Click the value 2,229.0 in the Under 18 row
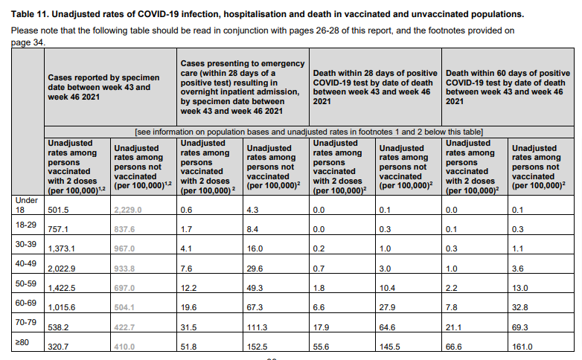pos(128,210)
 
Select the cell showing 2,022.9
pos(62,269)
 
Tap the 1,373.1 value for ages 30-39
pos(61,248)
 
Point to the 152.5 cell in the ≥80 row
pos(257,347)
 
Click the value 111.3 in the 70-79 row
pos(257,327)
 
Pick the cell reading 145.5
pos(390,347)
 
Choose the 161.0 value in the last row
pos(522,347)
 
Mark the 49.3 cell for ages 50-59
pos(255,288)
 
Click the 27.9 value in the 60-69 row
pos(387,307)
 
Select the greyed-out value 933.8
pos(124,269)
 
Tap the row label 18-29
pos(25,225)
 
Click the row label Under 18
pos(26,205)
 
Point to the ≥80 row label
pos(22,342)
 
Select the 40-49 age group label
pos(25,263)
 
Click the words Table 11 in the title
pos(30,14)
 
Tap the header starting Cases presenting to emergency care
pos(243,87)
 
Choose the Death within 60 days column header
pos(508,87)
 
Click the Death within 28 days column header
pos(375,87)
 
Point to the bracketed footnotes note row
pos(309,132)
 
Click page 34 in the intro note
pos(28,42)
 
